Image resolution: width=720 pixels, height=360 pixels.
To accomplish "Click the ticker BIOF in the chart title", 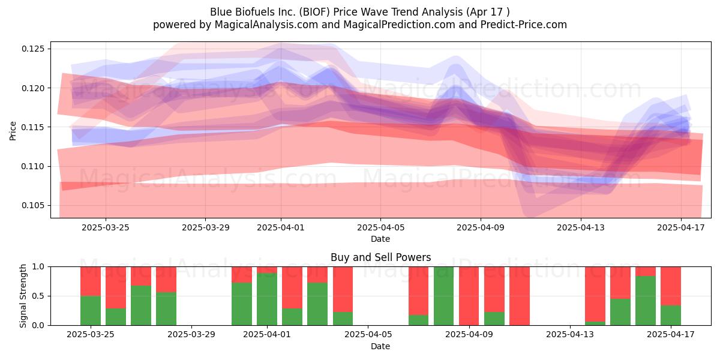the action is (312, 12).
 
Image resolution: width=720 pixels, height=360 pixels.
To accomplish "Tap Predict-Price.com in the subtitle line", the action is (524, 25).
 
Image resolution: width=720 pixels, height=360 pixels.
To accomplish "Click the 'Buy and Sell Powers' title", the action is (380, 257).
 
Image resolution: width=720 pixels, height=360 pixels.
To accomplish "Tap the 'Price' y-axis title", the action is (13, 131).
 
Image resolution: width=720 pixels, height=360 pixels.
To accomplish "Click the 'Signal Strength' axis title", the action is (23, 296).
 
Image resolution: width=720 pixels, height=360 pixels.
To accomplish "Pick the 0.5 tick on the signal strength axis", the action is (39, 296).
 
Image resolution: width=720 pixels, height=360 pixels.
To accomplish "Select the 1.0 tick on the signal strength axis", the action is (39, 267).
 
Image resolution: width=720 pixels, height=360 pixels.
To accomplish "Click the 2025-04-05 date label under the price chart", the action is (380, 228).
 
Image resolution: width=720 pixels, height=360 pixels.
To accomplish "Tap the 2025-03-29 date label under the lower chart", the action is (191, 335).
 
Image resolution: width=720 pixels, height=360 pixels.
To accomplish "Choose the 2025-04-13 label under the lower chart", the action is (570, 335).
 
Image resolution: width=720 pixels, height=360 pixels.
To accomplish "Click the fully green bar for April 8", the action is (443, 296).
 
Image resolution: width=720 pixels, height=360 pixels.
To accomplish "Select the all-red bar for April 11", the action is (520, 296).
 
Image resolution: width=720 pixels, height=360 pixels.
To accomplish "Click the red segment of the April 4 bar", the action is (343, 289).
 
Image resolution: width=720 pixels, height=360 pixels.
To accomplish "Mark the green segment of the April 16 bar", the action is (646, 301).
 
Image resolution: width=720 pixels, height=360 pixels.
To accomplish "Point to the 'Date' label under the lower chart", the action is (380, 346).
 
